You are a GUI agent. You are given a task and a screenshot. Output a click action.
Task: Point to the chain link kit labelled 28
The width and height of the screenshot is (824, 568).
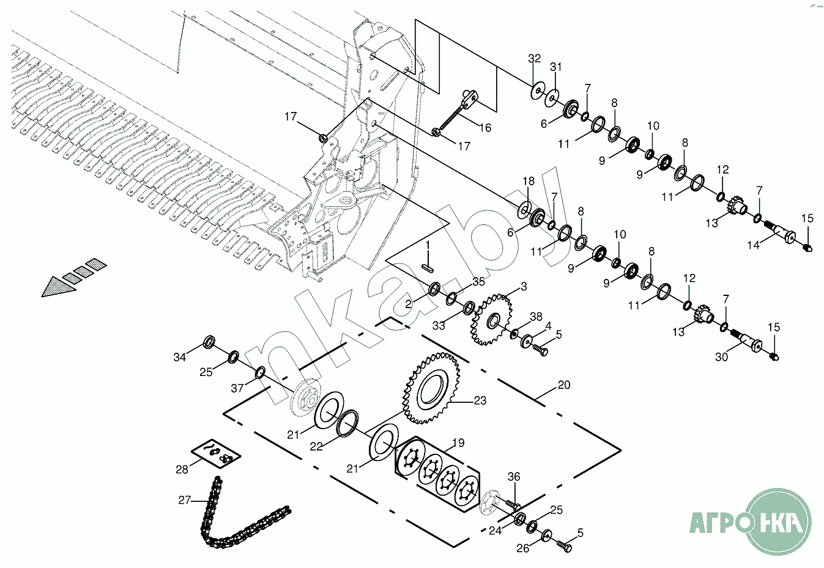pyautogui.click(x=215, y=454)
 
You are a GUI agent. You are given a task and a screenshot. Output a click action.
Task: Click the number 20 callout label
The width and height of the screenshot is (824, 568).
pyautogui.click(x=564, y=385)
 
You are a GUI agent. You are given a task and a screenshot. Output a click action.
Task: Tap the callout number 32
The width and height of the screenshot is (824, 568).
pyautogui.click(x=535, y=59)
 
